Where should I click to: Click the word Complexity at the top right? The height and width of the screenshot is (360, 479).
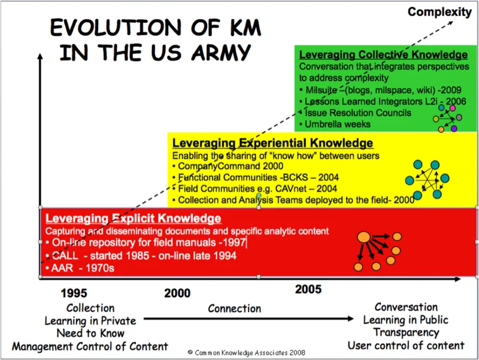[x=439, y=12]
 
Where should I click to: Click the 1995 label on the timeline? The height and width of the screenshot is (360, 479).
[x=74, y=293]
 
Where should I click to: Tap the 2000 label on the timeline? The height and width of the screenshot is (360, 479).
[x=177, y=293]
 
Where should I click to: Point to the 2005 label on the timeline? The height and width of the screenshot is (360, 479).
[x=308, y=289]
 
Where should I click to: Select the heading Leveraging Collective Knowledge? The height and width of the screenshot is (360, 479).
[x=383, y=55]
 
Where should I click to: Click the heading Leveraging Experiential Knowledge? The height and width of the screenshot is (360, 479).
[x=272, y=143]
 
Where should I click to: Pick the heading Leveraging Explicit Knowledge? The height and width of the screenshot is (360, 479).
[x=133, y=218]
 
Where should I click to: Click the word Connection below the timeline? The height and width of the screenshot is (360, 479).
[x=235, y=308]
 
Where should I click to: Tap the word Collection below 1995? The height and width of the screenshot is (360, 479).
[x=90, y=308]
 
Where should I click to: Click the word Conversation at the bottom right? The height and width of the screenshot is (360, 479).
[x=406, y=307]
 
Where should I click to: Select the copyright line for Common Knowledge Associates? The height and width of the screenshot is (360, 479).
[x=246, y=353]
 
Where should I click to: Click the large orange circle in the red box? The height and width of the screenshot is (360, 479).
[x=364, y=237]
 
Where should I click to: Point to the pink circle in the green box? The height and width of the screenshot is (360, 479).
[x=453, y=108]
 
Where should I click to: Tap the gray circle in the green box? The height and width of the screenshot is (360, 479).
[x=459, y=117]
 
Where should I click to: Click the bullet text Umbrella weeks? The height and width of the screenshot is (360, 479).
[x=338, y=124]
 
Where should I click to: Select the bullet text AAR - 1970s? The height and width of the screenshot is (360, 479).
[x=83, y=268]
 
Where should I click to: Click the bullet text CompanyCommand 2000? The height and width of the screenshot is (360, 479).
[x=231, y=166]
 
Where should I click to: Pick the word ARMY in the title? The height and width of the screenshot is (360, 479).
[x=221, y=52]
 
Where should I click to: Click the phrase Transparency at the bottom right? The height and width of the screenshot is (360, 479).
[x=406, y=332]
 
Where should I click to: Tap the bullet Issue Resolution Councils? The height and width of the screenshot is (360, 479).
[x=358, y=113]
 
